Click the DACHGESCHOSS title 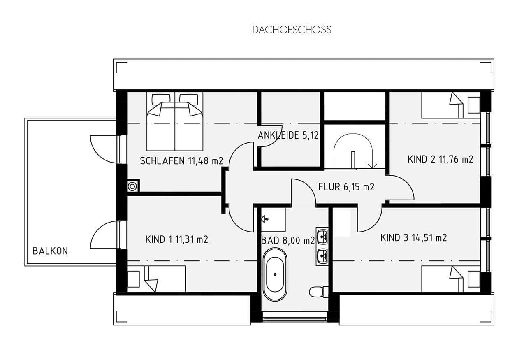click(x=292, y=30)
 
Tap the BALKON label click(x=50, y=251)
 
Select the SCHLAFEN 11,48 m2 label click(x=181, y=161)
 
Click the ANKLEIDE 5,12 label click(x=288, y=135)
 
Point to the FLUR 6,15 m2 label click(x=346, y=187)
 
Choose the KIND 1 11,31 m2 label click(x=176, y=239)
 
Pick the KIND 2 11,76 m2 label click(x=440, y=159)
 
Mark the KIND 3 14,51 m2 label click(x=413, y=237)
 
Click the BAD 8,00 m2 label click(x=288, y=240)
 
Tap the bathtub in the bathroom click(x=275, y=274)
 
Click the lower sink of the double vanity click(x=322, y=255)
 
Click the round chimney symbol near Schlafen click(x=132, y=186)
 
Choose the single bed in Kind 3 click(x=444, y=279)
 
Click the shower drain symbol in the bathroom click(x=265, y=219)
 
